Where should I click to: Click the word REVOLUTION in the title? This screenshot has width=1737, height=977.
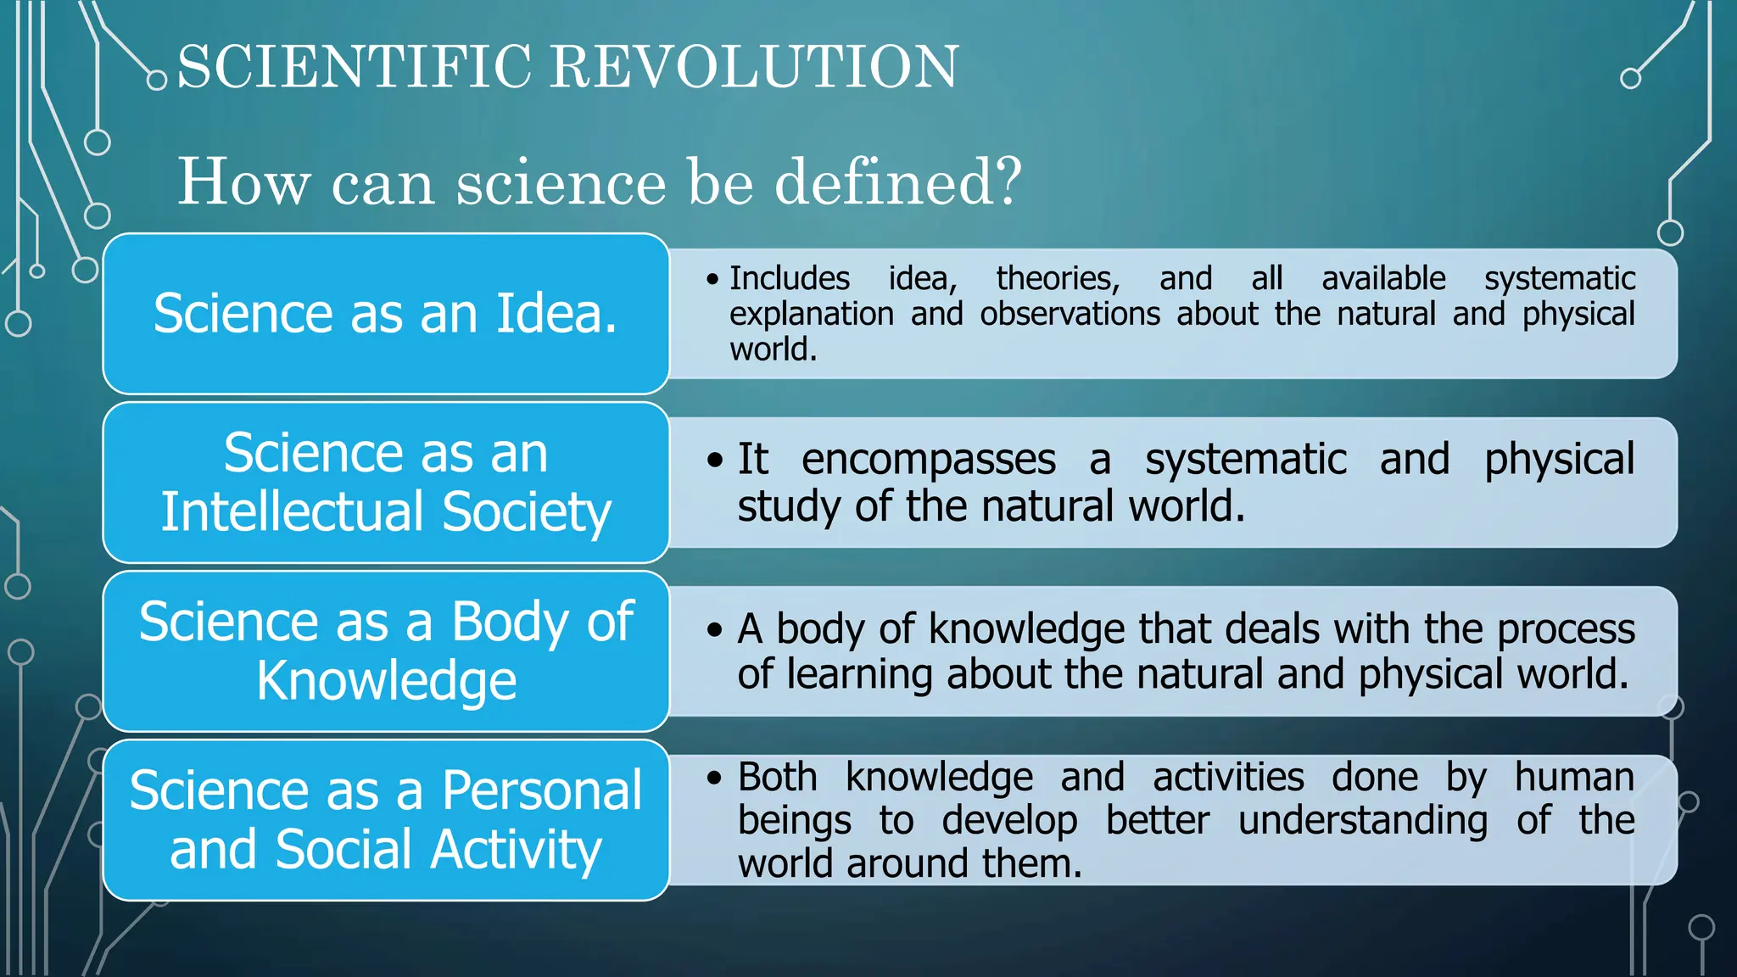[x=755, y=66]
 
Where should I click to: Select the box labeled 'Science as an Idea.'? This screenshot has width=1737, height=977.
[x=386, y=314]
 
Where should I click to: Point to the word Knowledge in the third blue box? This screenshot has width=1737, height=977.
[x=386, y=680]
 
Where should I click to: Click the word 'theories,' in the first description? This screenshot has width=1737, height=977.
[x=1058, y=278]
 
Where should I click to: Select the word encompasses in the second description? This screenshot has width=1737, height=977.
[x=928, y=460]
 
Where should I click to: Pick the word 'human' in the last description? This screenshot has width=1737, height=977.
[x=1574, y=777]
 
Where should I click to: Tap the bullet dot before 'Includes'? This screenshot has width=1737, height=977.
[x=712, y=279]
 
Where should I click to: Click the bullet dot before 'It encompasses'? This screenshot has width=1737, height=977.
[x=715, y=461]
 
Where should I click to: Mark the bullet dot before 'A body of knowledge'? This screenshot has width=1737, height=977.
[x=715, y=630]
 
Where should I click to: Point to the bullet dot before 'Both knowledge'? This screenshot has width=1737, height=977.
[x=715, y=777]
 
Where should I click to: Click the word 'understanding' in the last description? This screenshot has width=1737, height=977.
[x=1362, y=821]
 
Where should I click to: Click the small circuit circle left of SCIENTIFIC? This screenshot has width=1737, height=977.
[x=157, y=81]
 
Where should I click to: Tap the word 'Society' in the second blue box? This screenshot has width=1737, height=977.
[x=526, y=512]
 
